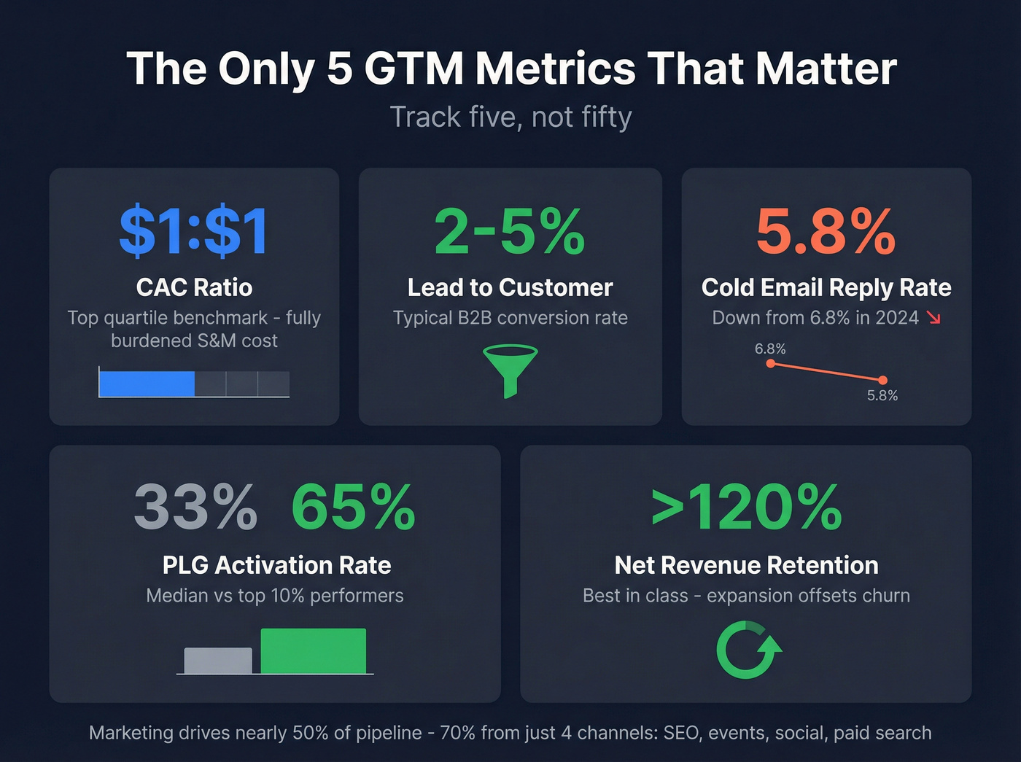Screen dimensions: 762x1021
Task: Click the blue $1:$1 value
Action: coord(194,232)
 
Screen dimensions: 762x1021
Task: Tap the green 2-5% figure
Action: coord(510,232)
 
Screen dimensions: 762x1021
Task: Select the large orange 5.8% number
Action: coord(826,232)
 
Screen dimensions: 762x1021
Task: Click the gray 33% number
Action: coord(195,508)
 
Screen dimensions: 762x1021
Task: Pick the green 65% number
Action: coord(353,508)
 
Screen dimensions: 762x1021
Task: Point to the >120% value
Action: coord(746,508)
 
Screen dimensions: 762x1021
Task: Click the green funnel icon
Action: coord(510,370)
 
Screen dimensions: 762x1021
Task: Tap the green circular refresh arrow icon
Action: coord(747,650)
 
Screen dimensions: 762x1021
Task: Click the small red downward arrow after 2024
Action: coord(933,318)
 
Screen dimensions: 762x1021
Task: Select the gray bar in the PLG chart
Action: coord(217,661)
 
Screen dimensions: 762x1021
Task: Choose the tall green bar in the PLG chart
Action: coord(313,651)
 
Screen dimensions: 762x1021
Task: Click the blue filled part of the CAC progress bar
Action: coord(147,384)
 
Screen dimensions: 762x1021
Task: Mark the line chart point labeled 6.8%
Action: coord(771,363)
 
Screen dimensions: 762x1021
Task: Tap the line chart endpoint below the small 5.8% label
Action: coord(882,380)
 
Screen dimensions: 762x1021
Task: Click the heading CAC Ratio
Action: coord(194,287)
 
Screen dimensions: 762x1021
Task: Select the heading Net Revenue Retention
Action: coord(746,565)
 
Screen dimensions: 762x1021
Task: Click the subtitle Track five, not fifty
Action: coord(510,117)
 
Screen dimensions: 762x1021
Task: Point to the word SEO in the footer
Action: coord(680,733)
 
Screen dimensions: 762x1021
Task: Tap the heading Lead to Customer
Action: coord(510,287)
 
